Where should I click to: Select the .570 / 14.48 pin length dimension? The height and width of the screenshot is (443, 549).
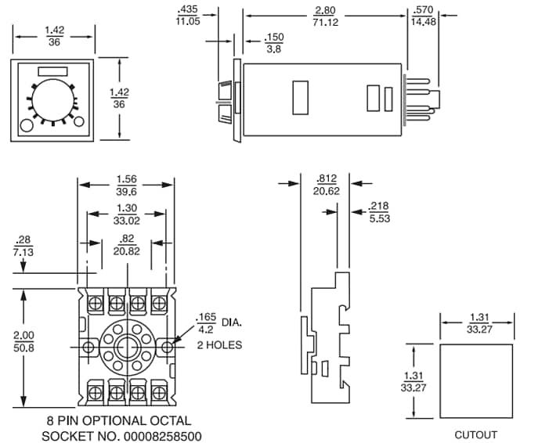pos(422,15)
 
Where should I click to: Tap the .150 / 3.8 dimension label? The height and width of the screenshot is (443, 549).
pos(274,42)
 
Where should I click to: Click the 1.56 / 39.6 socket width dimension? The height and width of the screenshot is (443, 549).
pos(125,185)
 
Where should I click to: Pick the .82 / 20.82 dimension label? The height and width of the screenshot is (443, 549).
pos(125,243)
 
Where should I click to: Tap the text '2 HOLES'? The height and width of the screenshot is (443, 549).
pos(219,345)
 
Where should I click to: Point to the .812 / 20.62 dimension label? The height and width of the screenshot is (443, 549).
pos(326,184)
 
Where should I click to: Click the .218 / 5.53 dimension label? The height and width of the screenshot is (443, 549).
pos(379,211)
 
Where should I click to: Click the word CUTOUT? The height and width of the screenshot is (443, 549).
pos(475,434)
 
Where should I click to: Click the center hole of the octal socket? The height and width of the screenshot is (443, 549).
pos(125,346)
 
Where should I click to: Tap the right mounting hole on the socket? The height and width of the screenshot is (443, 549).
pos(168,346)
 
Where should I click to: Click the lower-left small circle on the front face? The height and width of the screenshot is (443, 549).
pos(26,125)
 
